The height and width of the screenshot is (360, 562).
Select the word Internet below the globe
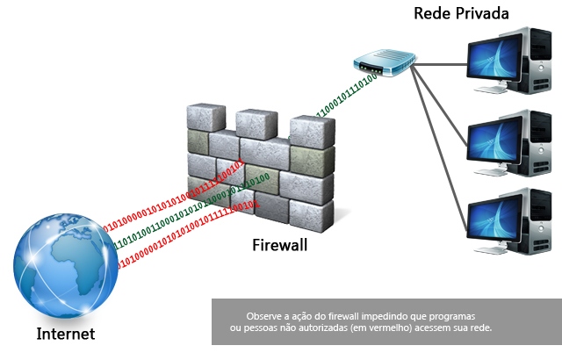click(x=65, y=334)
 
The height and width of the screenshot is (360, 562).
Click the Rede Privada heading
click(x=461, y=13)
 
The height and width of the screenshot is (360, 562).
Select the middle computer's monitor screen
click(x=495, y=139)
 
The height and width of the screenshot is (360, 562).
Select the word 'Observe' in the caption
click(x=266, y=314)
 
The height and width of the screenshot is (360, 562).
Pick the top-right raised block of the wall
click(x=311, y=130)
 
